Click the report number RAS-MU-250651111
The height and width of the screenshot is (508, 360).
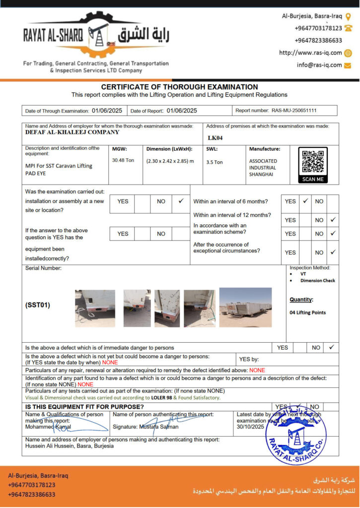click(294, 111)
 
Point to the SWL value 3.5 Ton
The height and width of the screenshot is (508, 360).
click(215, 162)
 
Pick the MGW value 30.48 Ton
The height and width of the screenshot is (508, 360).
click(123, 160)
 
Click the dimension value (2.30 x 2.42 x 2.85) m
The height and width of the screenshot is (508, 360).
click(170, 161)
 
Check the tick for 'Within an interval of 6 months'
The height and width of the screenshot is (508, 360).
click(305, 201)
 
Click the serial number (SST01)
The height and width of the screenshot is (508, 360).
click(38, 305)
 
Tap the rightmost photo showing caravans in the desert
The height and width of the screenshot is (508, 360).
click(245, 307)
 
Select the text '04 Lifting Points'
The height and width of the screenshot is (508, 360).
click(307, 313)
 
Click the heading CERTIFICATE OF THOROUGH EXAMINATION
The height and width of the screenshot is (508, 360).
click(179, 87)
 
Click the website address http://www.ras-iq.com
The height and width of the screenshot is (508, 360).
click(310, 53)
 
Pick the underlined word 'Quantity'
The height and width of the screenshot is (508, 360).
click(301, 300)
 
